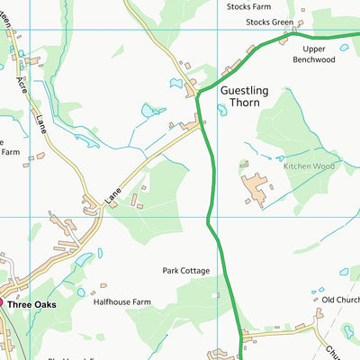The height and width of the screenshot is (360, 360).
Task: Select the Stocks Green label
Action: coord(269,22)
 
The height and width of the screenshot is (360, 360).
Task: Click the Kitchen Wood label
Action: coord(309,166)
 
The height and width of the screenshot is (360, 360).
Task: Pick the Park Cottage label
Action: coord(186,270)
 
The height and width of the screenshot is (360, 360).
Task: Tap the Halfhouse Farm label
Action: coord(122,302)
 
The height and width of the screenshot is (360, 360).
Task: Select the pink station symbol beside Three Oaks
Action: coord(4,304)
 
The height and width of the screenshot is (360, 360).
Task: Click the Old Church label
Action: coord(340,300)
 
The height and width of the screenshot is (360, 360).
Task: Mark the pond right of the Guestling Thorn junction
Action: coord(221,111)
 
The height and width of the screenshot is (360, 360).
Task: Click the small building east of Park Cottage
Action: coord(218,293)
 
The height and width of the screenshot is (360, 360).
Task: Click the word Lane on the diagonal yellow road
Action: coord(112,193)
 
